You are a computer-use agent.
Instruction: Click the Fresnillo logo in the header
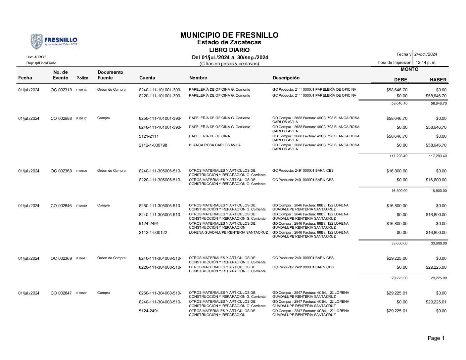[x=54, y=42]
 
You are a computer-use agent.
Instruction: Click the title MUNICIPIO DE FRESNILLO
[x=229, y=35]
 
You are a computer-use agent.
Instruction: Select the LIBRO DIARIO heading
[x=229, y=50]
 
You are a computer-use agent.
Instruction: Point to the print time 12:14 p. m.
[x=426, y=62]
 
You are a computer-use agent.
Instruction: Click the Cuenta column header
[x=147, y=78]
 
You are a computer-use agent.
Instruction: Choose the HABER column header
[x=438, y=80]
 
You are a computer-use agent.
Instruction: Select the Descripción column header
[x=286, y=78]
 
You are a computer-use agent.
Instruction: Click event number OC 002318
[x=61, y=90]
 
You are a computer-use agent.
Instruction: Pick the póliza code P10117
[x=81, y=118]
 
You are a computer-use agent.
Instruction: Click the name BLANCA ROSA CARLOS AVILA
[x=214, y=145]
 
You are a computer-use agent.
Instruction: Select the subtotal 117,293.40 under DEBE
[x=399, y=156]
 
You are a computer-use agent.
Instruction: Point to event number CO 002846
[x=61, y=206]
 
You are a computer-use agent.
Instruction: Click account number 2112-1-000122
[x=153, y=233]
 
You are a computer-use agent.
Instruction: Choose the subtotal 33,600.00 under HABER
[x=439, y=243]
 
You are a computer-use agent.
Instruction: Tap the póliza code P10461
[x=81, y=259]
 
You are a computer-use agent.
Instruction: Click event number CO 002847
[x=61, y=293]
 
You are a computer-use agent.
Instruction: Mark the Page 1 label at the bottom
[x=436, y=338]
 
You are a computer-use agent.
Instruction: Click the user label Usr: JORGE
[x=36, y=57]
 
